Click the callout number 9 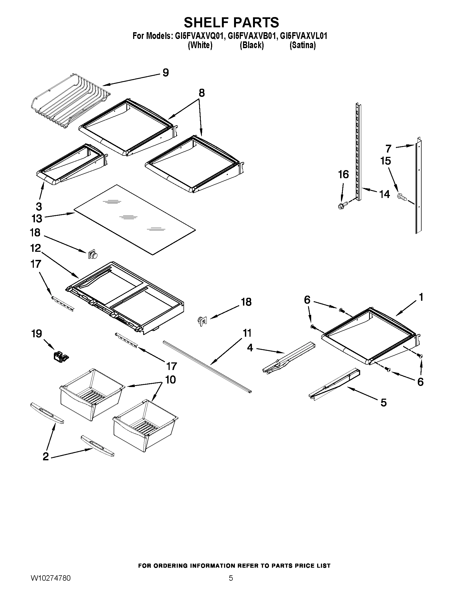[x=166, y=73]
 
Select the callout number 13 [x=37, y=218]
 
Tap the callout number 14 [x=385, y=194]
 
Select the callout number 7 [x=389, y=149]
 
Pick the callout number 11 [x=247, y=333]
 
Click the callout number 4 [x=250, y=347]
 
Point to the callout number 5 [x=383, y=402]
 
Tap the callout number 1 [x=421, y=297]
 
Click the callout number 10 [x=170, y=379]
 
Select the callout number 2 [x=45, y=456]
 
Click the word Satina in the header [x=303, y=45]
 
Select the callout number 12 [x=35, y=248]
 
